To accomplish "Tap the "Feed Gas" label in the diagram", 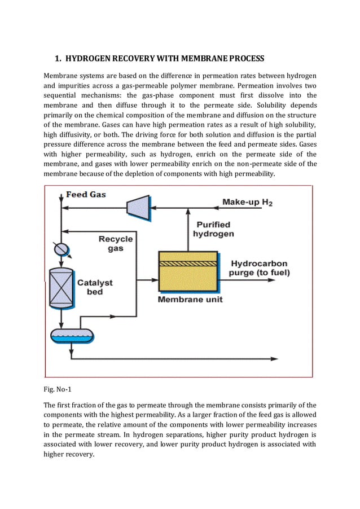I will [x=86, y=195].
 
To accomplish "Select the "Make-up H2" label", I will [x=247, y=202].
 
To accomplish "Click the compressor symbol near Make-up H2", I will [x=137, y=207].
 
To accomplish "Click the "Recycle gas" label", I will [x=116, y=243].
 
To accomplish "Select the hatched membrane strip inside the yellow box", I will [x=188, y=263].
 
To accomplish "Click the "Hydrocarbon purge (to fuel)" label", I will [x=259, y=268].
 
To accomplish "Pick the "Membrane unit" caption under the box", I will [x=190, y=299].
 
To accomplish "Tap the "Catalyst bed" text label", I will [x=95, y=287].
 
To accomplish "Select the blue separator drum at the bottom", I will [x=71, y=336].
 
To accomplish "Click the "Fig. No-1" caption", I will [x=58, y=389].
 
